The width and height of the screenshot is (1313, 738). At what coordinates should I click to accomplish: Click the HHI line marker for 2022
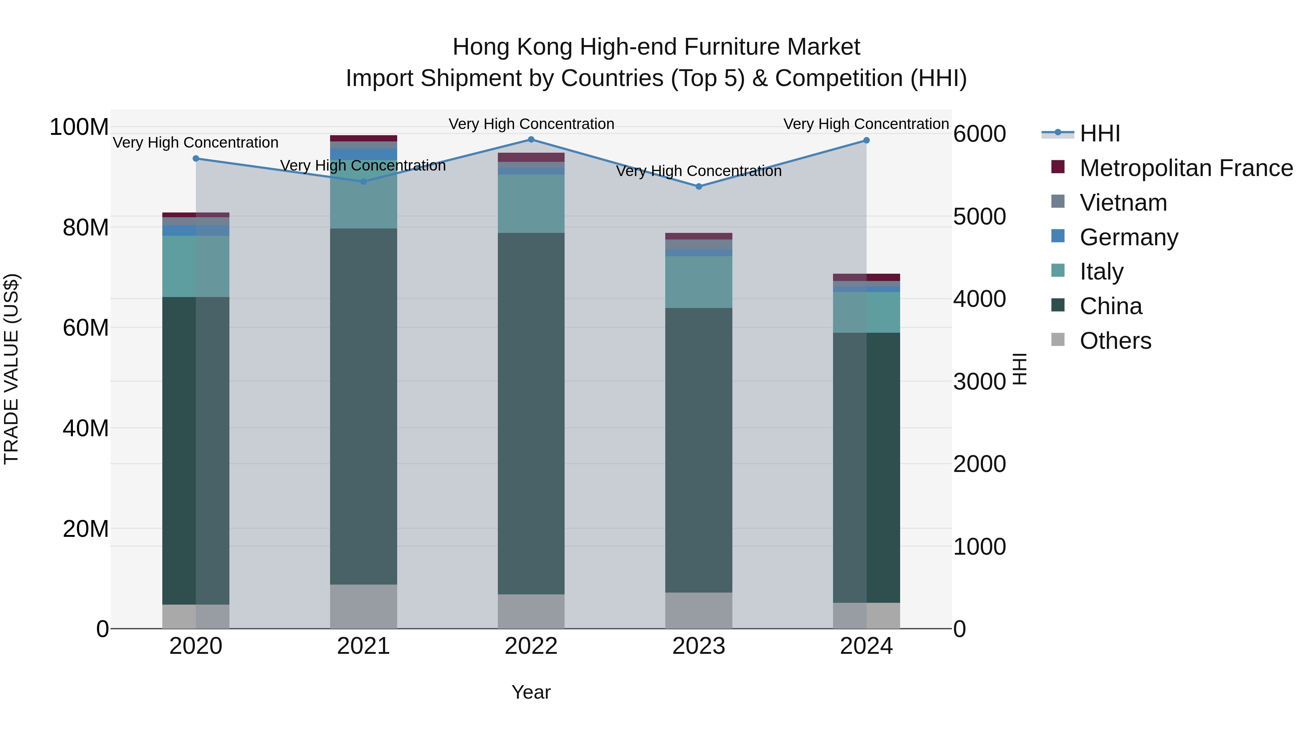click(x=531, y=140)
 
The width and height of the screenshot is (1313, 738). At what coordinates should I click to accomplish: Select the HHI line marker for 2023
click(x=698, y=186)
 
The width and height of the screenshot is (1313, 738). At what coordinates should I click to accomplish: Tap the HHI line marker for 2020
click(x=196, y=159)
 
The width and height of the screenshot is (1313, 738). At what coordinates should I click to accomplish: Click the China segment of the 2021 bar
click(x=363, y=406)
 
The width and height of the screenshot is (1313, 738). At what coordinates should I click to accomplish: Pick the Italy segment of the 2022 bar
click(x=531, y=204)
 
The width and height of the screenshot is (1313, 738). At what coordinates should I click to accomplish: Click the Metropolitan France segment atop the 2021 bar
click(x=363, y=138)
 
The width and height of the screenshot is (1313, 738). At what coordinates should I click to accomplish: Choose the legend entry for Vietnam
click(x=1123, y=203)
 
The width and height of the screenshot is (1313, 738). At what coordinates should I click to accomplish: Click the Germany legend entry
click(x=1128, y=237)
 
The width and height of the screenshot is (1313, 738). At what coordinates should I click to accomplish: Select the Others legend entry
click(x=1115, y=341)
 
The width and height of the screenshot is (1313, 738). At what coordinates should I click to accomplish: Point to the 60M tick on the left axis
click(x=86, y=328)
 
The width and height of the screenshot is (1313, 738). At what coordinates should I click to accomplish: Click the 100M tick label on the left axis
click(x=79, y=127)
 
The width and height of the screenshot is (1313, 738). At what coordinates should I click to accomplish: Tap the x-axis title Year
click(x=531, y=692)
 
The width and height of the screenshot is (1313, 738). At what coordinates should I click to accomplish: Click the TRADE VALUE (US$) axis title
click(x=11, y=369)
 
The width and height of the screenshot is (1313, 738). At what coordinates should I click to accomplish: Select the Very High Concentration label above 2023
click(x=698, y=171)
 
